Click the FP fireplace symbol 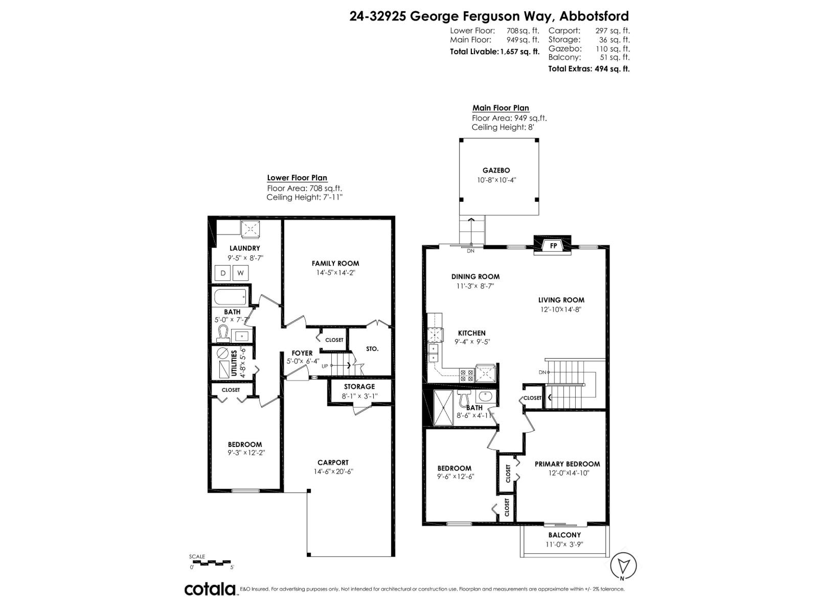pyautogui.click(x=553, y=246)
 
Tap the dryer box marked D pyautogui.click(x=223, y=273)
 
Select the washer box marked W pyautogui.click(x=240, y=273)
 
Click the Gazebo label pyautogui.click(x=496, y=171)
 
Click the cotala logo pyautogui.click(x=210, y=589)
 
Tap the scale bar pyautogui.click(x=211, y=563)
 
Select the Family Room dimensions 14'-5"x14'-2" pyautogui.click(x=335, y=273)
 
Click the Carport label pyautogui.click(x=333, y=462)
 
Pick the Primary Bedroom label pyautogui.click(x=567, y=464)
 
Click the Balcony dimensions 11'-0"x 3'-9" pyautogui.click(x=564, y=544)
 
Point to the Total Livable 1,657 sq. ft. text pyautogui.click(x=494, y=52)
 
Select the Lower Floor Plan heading pyautogui.click(x=297, y=178)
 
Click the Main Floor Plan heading pyautogui.click(x=501, y=108)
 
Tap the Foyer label pyautogui.click(x=302, y=353)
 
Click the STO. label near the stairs pyautogui.click(x=372, y=349)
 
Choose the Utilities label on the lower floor pyautogui.click(x=234, y=363)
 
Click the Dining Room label pyautogui.click(x=475, y=276)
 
